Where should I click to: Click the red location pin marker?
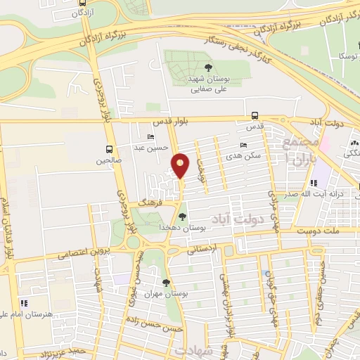[181, 166]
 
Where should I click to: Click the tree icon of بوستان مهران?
[167, 283]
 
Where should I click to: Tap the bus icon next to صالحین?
[109, 149]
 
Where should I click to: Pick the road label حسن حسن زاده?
[160, 328]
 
